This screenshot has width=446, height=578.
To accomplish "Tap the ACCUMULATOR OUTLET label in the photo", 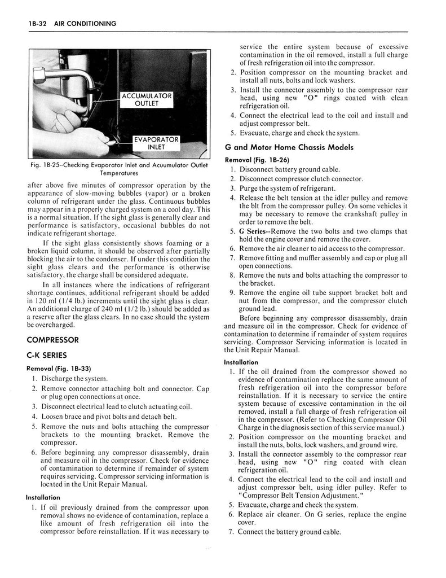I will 146,100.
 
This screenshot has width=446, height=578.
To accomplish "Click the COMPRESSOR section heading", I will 52,340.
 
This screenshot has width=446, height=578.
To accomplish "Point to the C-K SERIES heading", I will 47,355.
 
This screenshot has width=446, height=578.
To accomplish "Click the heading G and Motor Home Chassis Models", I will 289,147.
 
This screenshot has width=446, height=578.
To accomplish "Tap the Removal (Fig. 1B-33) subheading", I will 59,368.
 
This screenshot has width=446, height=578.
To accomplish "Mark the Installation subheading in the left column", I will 43,497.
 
